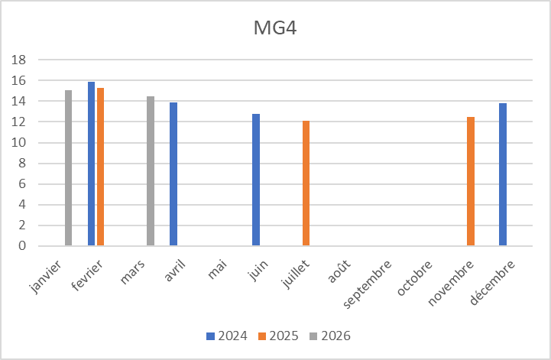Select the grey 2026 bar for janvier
click(x=68, y=168)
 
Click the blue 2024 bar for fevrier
click(x=92, y=164)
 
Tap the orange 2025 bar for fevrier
click(x=101, y=167)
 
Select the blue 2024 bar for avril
click(x=173, y=174)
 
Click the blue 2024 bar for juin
click(x=256, y=180)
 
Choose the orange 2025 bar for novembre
click(x=471, y=181)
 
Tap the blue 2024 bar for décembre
click(x=503, y=174)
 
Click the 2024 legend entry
click(x=226, y=336)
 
